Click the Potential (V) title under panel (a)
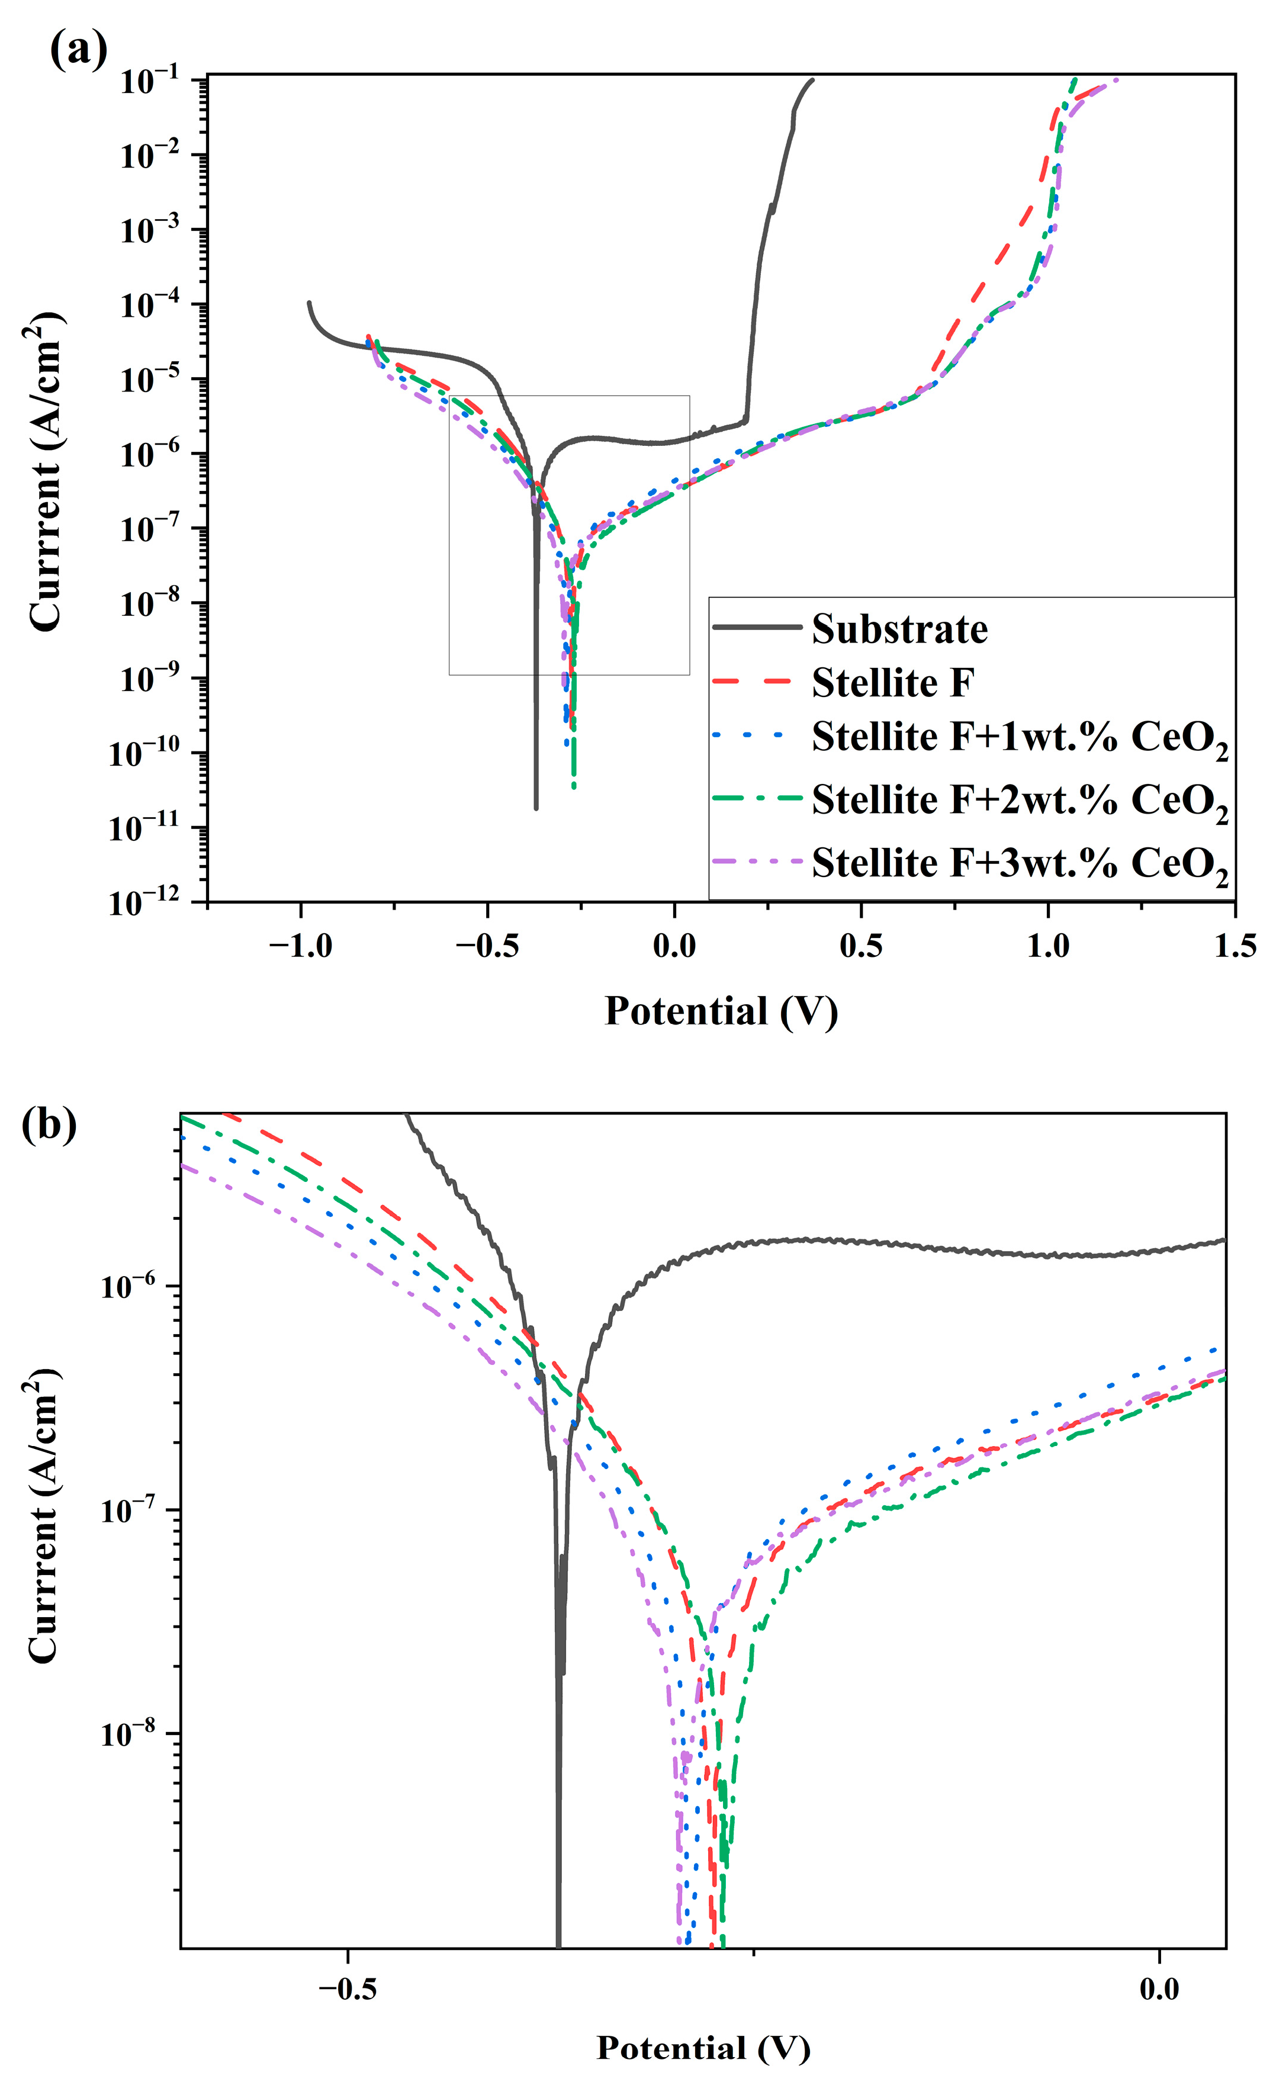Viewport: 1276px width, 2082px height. point(721,1011)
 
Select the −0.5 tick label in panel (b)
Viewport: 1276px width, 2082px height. point(348,1988)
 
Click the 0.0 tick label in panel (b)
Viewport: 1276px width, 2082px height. point(1159,1988)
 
